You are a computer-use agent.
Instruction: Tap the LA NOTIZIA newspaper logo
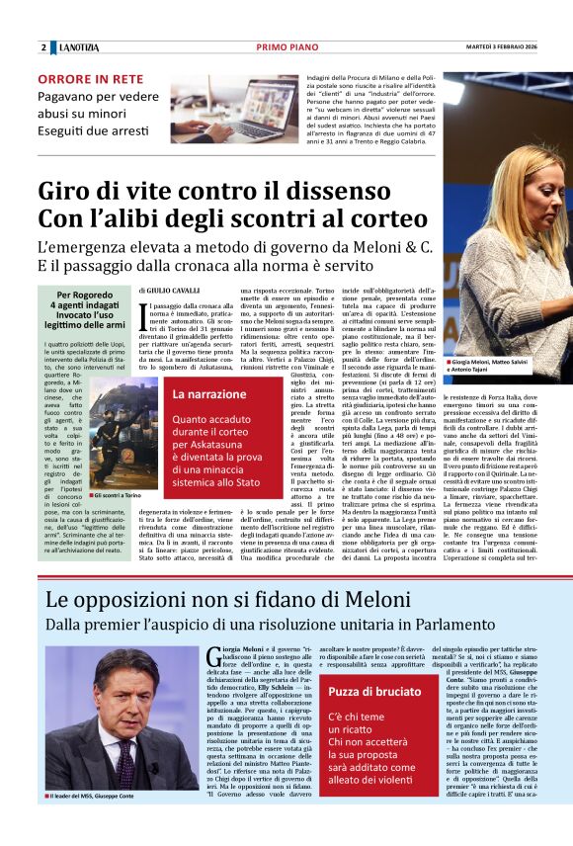[80, 48]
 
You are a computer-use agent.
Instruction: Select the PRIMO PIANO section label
[286, 47]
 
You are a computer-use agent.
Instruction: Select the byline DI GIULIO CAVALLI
[171, 291]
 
